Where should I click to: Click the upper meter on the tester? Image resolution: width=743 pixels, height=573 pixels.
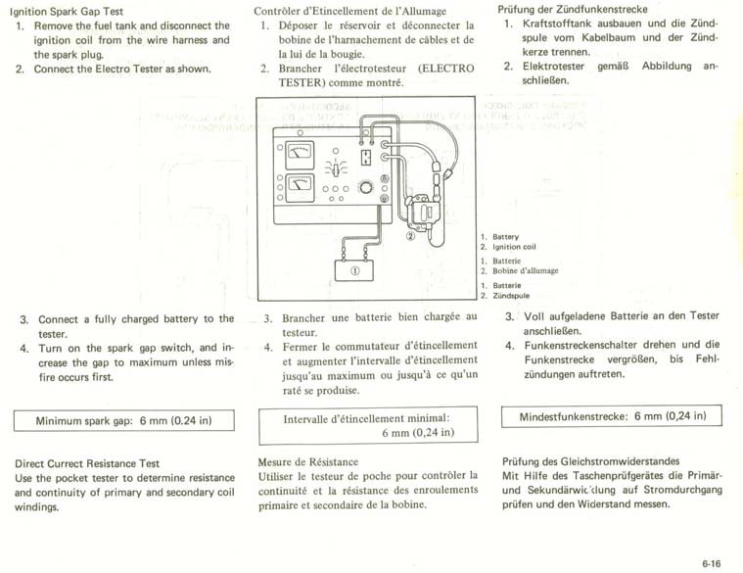tap(300, 155)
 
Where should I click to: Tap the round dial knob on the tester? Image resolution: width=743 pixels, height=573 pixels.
tap(365, 187)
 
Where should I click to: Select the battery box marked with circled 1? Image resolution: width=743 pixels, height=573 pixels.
tap(354, 270)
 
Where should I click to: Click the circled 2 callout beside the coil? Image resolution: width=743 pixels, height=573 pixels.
tap(411, 235)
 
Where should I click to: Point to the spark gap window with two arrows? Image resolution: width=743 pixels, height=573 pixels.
tap(365, 157)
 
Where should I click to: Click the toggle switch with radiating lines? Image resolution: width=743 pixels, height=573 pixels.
tap(336, 168)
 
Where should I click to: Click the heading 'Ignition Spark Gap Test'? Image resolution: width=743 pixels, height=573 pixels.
tap(67, 12)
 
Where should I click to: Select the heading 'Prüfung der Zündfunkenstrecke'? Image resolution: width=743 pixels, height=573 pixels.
tap(573, 9)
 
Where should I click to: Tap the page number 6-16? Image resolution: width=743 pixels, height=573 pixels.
tap(712, 563)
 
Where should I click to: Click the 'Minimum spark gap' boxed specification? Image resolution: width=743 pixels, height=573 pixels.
tap(123, 420)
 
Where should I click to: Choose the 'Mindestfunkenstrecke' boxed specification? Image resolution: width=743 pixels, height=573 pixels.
tap(612, 416)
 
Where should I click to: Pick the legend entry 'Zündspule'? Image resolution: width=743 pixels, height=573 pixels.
tap(511, 296)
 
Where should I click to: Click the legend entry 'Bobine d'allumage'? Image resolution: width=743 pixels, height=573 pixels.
tap(526, 271)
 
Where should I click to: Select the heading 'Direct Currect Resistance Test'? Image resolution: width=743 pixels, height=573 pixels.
tap(87, 463)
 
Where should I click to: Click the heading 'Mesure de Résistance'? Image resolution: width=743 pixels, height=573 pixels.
tap(308, 462)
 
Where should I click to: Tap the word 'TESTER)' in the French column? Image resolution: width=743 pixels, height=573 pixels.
tap(301, 83)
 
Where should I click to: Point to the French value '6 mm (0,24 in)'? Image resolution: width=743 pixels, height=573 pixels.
tap(418, 433)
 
